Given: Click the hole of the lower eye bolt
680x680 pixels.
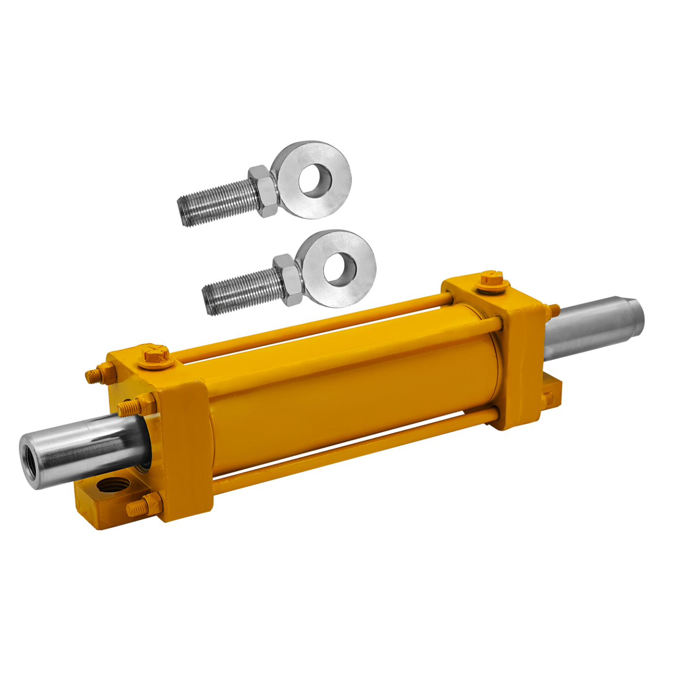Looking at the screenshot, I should point(340,269).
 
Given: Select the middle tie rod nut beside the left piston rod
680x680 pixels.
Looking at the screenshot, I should point(134,406).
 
